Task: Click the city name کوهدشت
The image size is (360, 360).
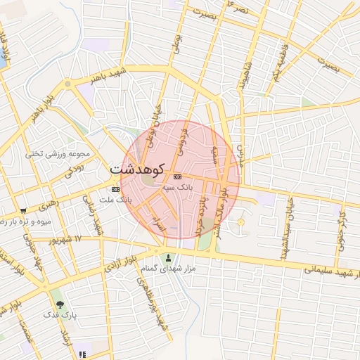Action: coord(138,169)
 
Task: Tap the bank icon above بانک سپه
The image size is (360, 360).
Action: coord(177,176)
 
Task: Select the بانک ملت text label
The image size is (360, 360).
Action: coord(115,200)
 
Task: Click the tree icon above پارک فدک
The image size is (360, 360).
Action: coord(60,304)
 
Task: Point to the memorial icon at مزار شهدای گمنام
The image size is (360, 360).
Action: coord(167,257)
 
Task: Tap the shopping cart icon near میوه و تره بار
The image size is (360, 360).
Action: coord(23,210)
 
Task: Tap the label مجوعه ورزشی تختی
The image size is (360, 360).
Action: coord(58,153)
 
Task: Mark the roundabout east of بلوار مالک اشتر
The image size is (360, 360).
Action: coord(240,223)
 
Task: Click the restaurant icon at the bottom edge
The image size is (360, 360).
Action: coord(83,355)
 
